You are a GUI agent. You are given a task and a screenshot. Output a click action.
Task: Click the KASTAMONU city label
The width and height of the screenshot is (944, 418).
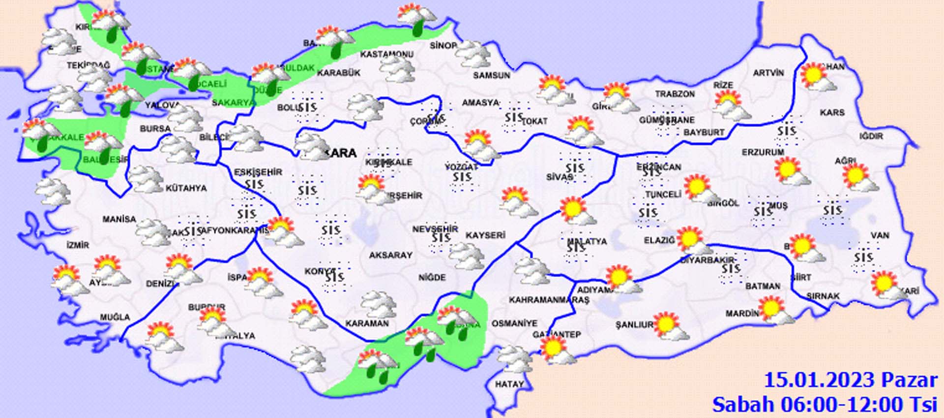386,54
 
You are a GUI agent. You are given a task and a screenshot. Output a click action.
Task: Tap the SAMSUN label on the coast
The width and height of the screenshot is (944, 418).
491,75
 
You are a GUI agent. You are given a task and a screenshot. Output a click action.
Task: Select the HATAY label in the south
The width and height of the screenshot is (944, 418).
509,384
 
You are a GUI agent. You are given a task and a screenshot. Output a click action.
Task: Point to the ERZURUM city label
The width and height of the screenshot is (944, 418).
763,153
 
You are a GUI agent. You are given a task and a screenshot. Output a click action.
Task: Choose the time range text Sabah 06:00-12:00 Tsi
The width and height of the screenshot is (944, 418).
825,405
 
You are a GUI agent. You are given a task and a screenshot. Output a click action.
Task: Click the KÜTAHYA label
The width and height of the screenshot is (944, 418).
186,188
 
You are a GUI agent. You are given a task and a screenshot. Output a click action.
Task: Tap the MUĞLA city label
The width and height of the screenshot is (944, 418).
115,318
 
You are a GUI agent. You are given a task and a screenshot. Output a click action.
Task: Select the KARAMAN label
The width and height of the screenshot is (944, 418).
367,323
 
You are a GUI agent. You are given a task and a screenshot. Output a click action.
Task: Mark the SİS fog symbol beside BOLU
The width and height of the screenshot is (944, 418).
307,107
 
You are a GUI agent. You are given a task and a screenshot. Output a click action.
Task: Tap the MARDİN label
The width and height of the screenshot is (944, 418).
742,314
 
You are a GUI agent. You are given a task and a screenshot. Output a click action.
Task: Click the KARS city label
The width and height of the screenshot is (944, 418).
832,113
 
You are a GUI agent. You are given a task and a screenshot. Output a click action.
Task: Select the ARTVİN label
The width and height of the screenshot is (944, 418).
768,73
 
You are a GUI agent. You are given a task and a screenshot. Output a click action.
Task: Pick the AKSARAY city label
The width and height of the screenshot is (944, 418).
390,255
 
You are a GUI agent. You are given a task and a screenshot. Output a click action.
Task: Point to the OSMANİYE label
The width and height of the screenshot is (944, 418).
514,323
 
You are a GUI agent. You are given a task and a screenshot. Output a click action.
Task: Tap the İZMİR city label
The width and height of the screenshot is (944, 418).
78,245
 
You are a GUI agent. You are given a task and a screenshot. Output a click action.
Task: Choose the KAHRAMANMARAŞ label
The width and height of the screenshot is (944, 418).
549,300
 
